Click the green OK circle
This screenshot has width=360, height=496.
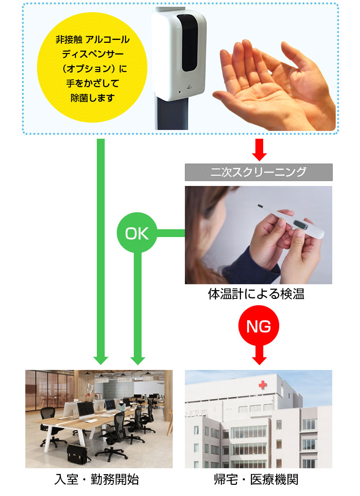coord(137,233)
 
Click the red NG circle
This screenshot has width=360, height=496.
coord(259,326)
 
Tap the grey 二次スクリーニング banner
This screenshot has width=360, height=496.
coord(258,172)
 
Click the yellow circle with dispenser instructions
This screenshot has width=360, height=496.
coord(92,69)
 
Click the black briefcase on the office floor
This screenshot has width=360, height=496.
coord(78,453)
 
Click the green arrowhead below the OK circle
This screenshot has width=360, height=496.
coord(138,359)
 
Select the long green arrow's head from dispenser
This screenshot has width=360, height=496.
coord(101,359)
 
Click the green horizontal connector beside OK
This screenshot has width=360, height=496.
coord(170,233)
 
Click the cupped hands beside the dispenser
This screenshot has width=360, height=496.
coord(272,83)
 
